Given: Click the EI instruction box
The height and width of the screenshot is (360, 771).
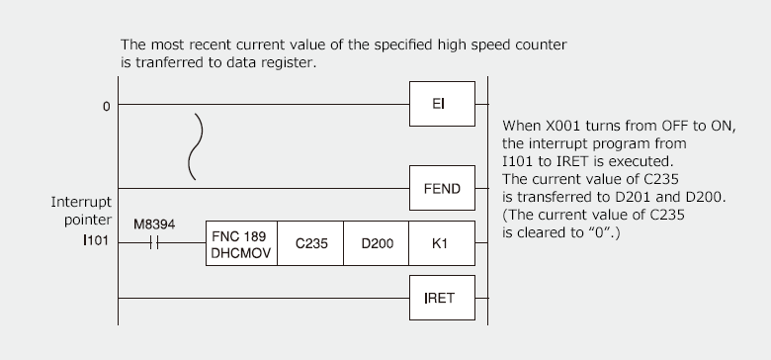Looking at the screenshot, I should (442, 104).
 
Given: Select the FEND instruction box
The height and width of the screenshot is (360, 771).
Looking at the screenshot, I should (442, 188).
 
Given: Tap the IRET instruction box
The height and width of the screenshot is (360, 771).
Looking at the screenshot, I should (442, 297).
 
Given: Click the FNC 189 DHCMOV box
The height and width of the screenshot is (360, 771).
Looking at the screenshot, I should (238, 244).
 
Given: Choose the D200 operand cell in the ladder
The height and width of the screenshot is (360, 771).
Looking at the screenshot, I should (377, 244).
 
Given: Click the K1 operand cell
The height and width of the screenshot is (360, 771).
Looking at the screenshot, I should (442, 244).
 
